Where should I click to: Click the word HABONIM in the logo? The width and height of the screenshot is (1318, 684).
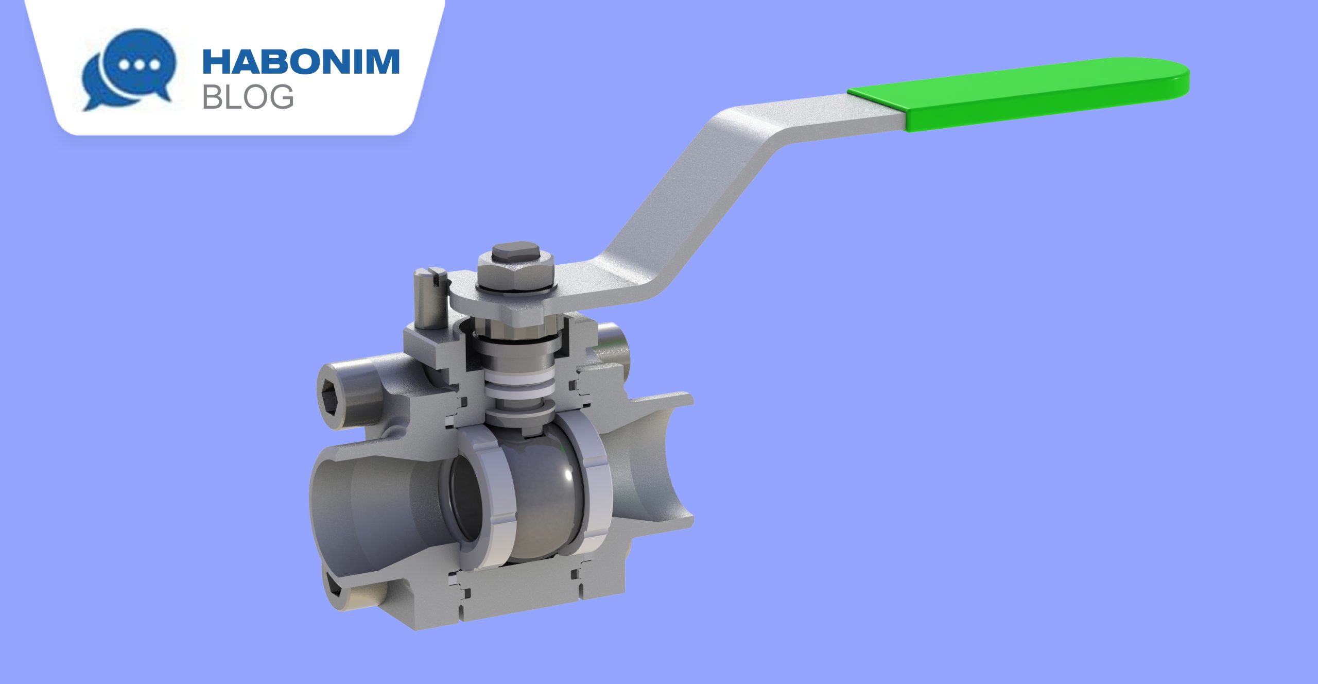(x=301, y=62)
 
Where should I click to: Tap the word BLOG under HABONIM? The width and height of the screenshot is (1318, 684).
(x=248, y=97)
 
